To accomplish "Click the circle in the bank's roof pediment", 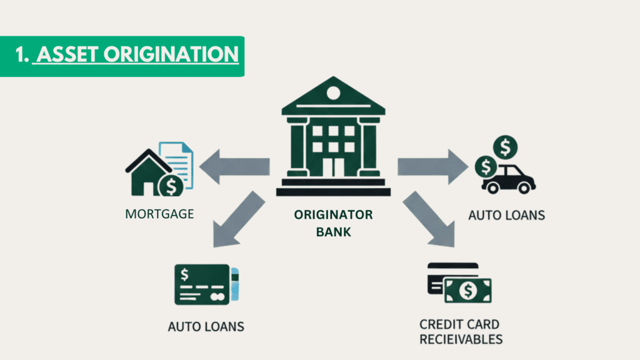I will pos(333,94).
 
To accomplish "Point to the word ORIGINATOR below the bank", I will pos(333,215).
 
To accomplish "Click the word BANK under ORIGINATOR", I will pos(333,232).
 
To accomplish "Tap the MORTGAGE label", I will pos(159,214).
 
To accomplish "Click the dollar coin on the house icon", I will pos(170,185).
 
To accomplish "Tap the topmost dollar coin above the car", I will pos(504,149).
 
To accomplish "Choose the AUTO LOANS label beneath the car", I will pos(506,216).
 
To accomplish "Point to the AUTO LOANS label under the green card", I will pos(206,326).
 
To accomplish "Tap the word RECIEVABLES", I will pos(461,339).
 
